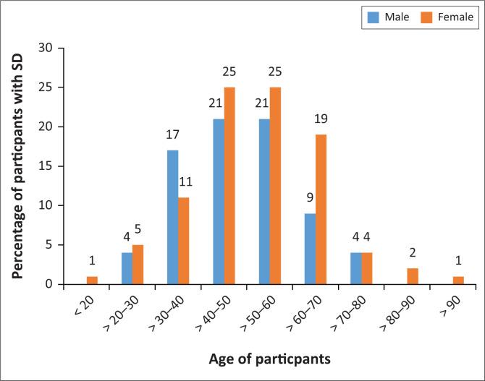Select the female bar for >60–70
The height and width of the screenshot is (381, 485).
click(321, 209)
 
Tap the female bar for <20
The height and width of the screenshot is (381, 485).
click(92, 280)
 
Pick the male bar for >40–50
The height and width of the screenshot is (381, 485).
click(218, 201)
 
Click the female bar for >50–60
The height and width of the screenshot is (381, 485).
click(275, 186)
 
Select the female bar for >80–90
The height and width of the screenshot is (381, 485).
click(412, 276)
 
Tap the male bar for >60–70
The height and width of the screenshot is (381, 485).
click(309, 248)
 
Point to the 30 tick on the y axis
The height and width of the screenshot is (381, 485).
click(50, 48)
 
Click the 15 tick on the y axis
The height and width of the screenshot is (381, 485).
click(50, 166)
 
